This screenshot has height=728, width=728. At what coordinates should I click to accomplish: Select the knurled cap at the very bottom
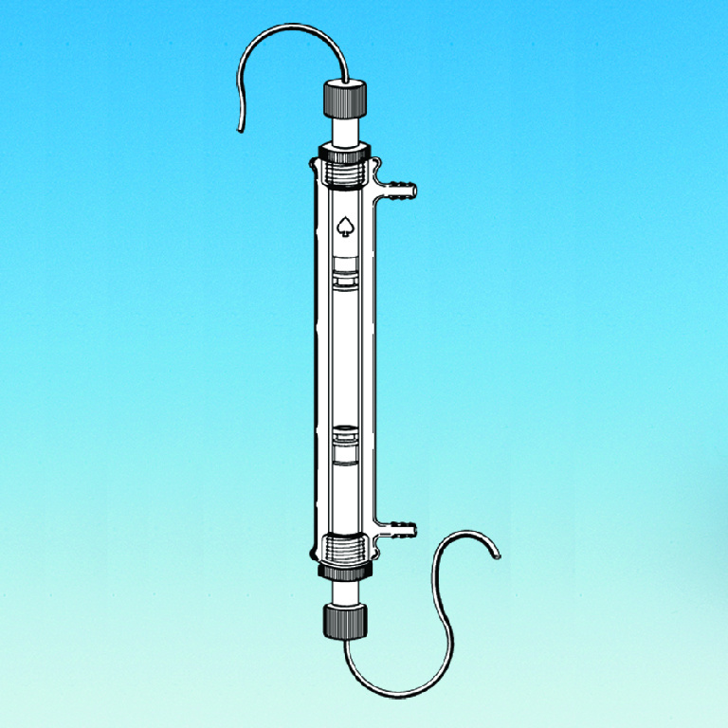346,620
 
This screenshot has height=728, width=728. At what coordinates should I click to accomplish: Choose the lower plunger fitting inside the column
345,444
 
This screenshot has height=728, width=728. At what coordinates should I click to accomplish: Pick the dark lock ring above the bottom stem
345,572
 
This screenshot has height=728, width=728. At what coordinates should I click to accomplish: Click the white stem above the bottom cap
345,591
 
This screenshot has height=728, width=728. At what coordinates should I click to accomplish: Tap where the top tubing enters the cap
345,81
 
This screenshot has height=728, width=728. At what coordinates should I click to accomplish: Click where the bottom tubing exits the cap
345,638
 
